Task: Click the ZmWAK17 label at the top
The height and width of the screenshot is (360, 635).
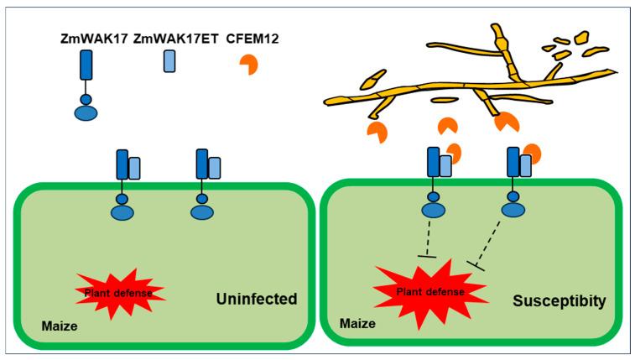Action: (x=94, y=39)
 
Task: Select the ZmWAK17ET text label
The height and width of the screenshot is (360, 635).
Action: (x=176, y=39)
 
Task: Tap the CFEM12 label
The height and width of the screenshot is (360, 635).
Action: (x=252, y=39)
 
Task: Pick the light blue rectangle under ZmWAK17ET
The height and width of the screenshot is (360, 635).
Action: (x=169, y=61)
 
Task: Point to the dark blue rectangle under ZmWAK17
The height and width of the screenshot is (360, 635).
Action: (x=86, y=65)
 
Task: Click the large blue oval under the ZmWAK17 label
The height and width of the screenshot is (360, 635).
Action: (x=86, y=113)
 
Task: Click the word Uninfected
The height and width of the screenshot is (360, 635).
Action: (x=257, y=299)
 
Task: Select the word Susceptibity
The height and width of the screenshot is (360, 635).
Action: (x=560, y=301)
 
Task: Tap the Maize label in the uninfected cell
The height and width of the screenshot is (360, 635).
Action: (x=59, y=326)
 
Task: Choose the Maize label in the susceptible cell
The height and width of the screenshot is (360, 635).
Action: (x=357, y=324)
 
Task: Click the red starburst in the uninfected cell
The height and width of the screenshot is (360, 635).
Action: (x=120, y=292)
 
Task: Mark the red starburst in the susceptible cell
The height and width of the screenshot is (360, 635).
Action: (x=430, y=292)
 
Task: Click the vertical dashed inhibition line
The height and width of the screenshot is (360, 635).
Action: (x=428, y=239)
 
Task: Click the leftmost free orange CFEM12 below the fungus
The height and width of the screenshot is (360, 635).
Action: (x=377, y=133)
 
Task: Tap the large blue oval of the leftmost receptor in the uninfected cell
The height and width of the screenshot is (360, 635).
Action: (x=122, y=212)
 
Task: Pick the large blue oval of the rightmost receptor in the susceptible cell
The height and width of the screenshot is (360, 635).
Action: (x=513, y=210)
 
